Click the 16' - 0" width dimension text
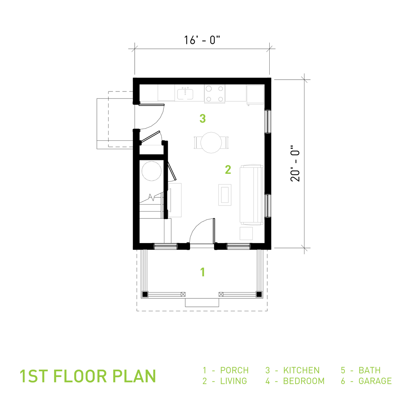tap(202, 40)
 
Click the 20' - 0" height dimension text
tap(295, 164)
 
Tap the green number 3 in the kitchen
tap(202, 118)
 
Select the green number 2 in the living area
tap(228, 170)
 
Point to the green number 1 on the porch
tap(202, 272)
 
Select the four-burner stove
tap(214, 93)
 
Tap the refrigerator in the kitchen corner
tap(255, 95)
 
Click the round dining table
tap(211, 142)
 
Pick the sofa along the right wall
tap(251, 195)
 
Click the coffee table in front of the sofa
tap(225, 195)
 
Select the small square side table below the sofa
tap(246, 234)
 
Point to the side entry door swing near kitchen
tap(152, 116)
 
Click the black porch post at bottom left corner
tap(145, 294)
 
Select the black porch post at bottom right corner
tap(259, 294)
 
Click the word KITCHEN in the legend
tap(301, 370)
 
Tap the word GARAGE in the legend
tap(375, 381)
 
